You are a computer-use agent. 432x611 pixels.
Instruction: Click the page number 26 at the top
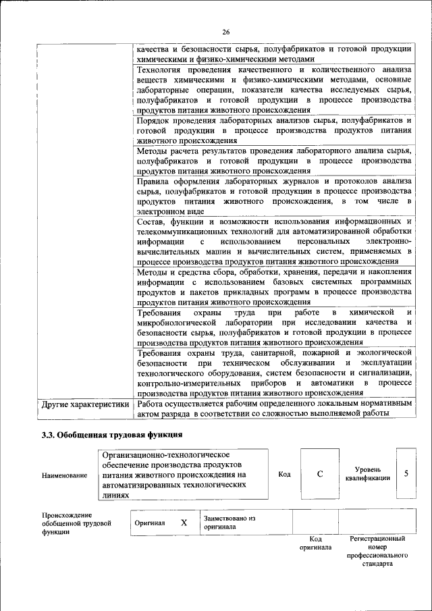click(225, 32)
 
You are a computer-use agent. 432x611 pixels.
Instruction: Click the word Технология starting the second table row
click(161, 70)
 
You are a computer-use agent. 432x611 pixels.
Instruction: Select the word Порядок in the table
click(155, 119)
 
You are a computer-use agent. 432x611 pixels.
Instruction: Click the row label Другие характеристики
click(84, 404)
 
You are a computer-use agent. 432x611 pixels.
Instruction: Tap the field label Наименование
click(64, 475)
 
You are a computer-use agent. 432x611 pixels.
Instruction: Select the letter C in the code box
click(319, 474)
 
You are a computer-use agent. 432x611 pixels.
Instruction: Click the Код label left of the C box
click(284, 474)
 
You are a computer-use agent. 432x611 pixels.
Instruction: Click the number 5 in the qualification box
click(406, 473)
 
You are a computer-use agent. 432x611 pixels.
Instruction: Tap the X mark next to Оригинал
click(183, 523)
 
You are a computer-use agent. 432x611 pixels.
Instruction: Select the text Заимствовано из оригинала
click(229, 523)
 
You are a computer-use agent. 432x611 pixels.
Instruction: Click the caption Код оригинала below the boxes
click(315, 543)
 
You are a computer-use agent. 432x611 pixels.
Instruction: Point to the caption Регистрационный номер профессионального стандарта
click(377, 552)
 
